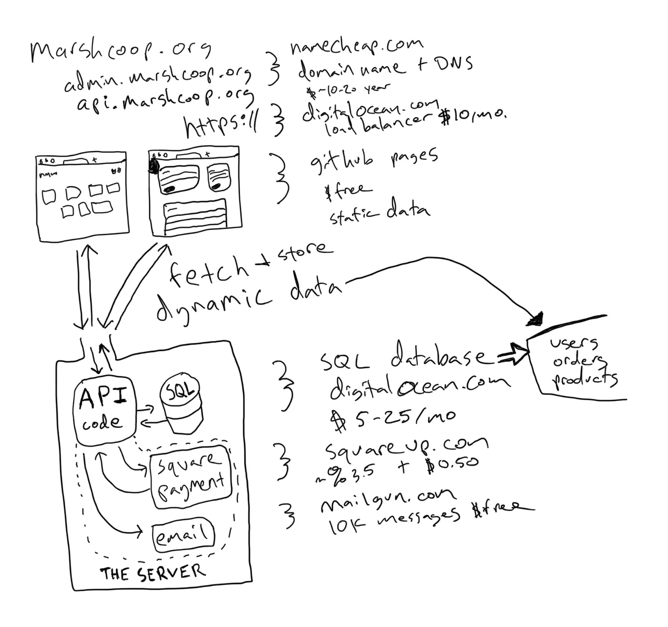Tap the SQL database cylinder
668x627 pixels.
pyautogui.click(x=180, y=408)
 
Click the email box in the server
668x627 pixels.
pyautogui.click(x=183, y=535)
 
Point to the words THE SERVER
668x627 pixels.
pyautogui.click(x=152, y=573)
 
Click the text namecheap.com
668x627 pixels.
pyautogui.click(x=356, y=47)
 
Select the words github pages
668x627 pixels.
pyautogui.click(x=373, y=160)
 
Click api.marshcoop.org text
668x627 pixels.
pyautogui.click(x=165, y=99)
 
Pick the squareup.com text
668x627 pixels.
pyautogui.click(x=406, y=446)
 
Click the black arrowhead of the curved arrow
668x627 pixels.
pyautogui.click(x=536, y=320)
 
